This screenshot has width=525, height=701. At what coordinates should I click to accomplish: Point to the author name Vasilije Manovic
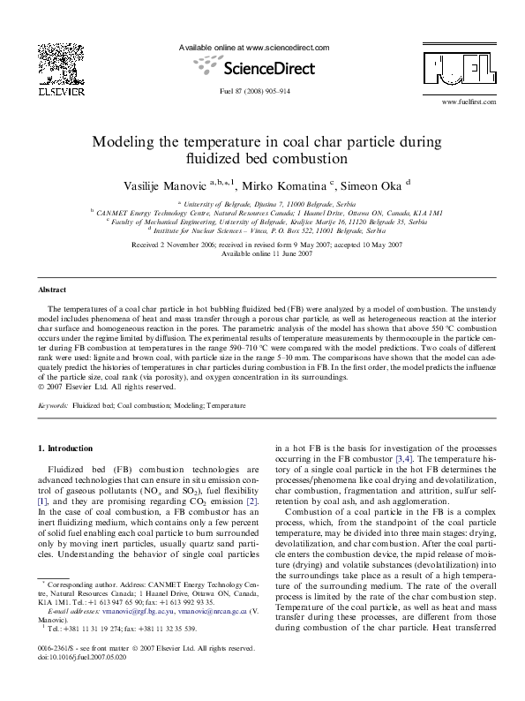[161, 187]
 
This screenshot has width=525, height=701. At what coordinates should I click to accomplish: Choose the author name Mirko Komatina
[289, 187]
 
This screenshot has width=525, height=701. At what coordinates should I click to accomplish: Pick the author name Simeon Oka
[370, 187]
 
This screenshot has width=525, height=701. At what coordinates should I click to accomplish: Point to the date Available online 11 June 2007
[262, 253]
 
